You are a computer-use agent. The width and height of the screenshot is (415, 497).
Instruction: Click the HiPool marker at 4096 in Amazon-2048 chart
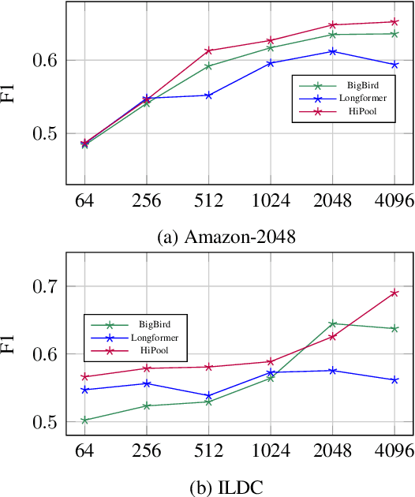[x=394, y=21]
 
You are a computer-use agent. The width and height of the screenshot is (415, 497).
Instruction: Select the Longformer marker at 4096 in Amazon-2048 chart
[x=394, y=65]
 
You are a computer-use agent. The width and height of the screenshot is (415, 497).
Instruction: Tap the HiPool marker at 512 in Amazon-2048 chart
[x=208, y=50]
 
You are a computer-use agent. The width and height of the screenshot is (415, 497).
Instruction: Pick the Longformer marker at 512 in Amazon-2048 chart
[x=208, y=95]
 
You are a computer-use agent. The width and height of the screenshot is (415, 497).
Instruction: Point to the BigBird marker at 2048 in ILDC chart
[x=333, y=323]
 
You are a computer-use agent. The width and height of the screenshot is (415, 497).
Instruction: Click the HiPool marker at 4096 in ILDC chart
[x=394, y=293]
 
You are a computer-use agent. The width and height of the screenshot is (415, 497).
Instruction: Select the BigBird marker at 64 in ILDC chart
[x=84, y=420]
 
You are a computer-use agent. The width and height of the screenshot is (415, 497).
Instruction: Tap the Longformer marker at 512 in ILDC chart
[x=208, y=396]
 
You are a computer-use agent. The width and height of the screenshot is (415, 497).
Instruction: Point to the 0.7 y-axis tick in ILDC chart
[x=46, y=286]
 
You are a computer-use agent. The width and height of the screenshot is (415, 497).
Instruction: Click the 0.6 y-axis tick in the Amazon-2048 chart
[x=46, y=60]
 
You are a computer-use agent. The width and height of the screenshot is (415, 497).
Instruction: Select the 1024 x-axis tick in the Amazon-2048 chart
[x=271, y=201]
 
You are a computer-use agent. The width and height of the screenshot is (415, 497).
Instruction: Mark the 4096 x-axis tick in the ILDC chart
[x=394, y=450]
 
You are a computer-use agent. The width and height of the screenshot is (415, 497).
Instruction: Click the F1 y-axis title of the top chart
[x=10, y=95]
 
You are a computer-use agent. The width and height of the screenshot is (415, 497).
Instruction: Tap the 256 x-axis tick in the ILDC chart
[x=146, y=450]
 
